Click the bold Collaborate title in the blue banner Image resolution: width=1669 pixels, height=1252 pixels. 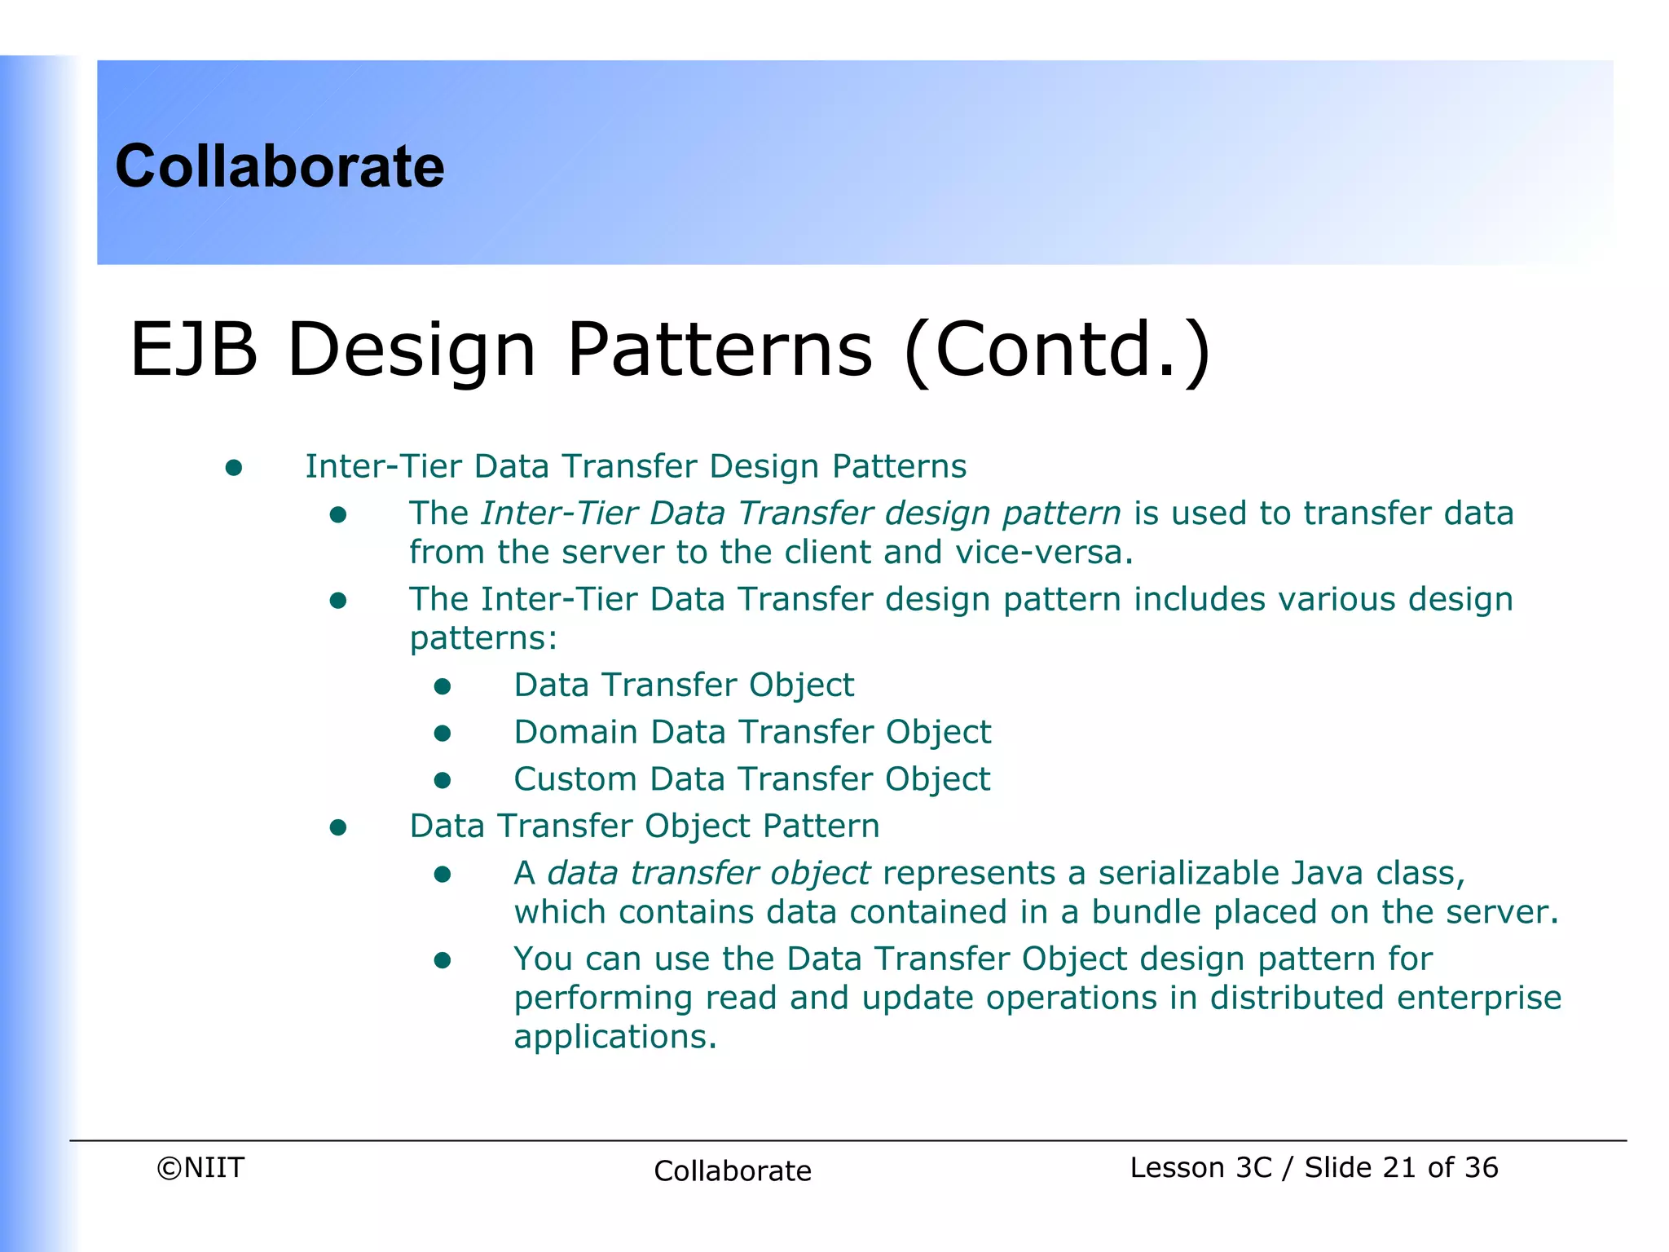pyautogui.click(x=280, y=166)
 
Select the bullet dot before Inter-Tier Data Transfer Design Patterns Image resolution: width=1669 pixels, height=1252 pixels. pyautogui.click(x=234, y=467)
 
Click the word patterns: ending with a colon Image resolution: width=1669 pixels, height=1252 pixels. pyautogui.click(x=483, y=638)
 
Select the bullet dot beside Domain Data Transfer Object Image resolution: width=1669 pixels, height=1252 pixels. pyautogui.click(x=443, y=734)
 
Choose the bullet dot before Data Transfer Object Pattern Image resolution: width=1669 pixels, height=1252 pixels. pyautogui.click(x=338, y=828)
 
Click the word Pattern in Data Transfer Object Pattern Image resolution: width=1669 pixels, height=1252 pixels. pyautogui.click(x=821, y=827)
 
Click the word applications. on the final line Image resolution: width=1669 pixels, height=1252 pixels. pyautogui.click(x=614, y=1038)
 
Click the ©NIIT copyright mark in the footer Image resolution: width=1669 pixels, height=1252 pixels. pyautogui.click(x=200, y=1168)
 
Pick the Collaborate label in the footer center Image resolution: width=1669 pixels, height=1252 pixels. pyautogui.click(x=732, y=1171)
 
